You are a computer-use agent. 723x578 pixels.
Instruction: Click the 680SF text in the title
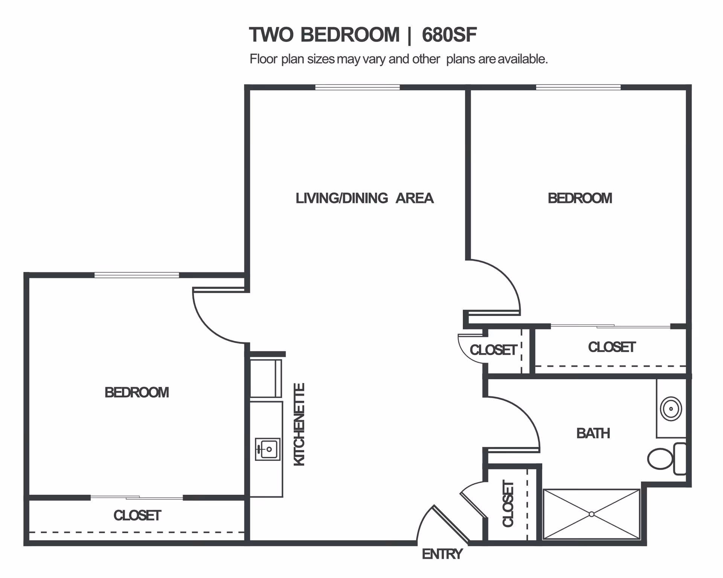point(449,35)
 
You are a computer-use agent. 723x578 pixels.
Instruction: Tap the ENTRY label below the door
point(442,554)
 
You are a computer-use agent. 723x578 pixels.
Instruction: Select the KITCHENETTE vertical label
point(299,424)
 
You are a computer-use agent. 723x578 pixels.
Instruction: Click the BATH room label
point(593,433)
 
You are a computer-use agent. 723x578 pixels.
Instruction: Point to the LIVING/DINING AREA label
point(364,198)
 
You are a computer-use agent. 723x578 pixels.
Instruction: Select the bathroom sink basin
point(671,409)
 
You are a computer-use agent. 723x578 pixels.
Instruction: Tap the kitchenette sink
point(268,449)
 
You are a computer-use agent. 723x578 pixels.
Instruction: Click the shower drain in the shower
point(592,514)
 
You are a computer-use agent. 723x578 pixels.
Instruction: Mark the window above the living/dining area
point(357,87)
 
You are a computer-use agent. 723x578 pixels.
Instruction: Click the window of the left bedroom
point(136,275)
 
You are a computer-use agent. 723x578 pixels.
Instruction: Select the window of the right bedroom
point(578,87)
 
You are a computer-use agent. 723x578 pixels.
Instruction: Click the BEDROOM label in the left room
point(137,393)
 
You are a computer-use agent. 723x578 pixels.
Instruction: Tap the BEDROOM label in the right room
point(580,198)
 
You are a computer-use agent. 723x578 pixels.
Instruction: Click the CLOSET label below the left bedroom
point(137,515)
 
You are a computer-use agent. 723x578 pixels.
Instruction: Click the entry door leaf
point(451,524)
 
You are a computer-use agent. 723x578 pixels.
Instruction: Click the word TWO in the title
point(271,35)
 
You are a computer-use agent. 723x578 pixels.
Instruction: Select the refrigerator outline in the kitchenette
point(266,378)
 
